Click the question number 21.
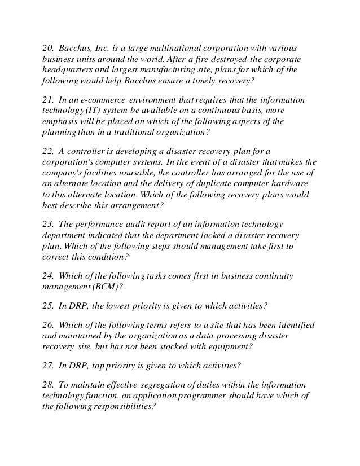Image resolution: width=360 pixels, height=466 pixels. pos(49,100)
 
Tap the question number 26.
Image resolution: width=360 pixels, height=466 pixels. pos(49,326)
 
